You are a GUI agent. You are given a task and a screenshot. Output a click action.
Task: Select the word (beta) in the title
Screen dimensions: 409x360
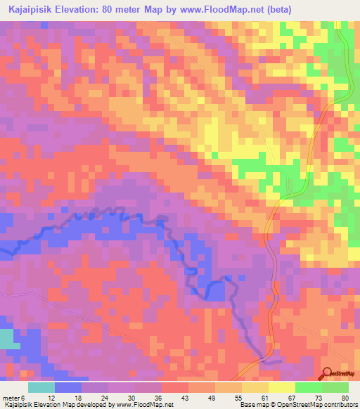274,9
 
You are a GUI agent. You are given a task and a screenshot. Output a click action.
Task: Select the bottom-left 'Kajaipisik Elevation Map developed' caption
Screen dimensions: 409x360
87,404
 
